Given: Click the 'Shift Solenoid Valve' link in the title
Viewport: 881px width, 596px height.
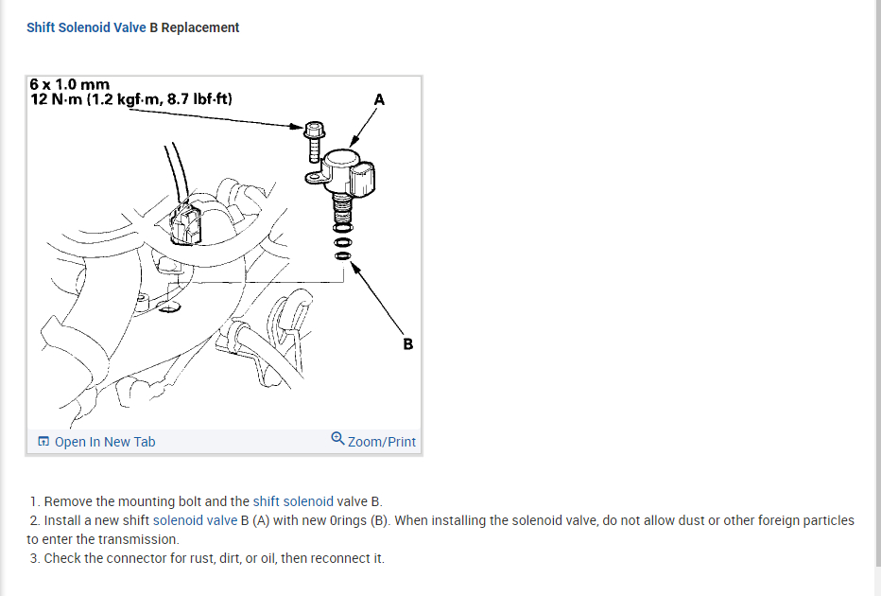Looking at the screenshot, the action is [x=86, y=27].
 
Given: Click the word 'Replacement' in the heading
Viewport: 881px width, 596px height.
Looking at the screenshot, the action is [x=200, y=27].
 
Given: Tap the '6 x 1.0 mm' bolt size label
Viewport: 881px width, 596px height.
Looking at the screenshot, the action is [x=70, y=85].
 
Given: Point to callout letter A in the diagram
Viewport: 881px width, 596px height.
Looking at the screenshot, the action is [x=379, y=98].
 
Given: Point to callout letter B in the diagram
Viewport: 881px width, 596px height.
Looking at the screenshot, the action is [x=407, y=343].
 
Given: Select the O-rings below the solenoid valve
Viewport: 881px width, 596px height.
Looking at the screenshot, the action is [x=343, y=237].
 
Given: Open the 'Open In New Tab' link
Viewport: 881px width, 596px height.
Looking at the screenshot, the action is [x=105, y=442].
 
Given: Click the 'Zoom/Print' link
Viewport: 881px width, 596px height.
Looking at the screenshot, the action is [x=381, y=442].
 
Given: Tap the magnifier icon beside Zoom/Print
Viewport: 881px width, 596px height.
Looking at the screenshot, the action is [x=337, y=439].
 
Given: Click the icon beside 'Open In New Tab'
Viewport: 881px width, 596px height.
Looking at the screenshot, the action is [x=43, y=442].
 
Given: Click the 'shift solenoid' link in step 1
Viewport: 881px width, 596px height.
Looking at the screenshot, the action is [x=293, y=501].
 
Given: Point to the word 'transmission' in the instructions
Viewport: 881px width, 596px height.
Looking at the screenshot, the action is [x=138, y=539].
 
